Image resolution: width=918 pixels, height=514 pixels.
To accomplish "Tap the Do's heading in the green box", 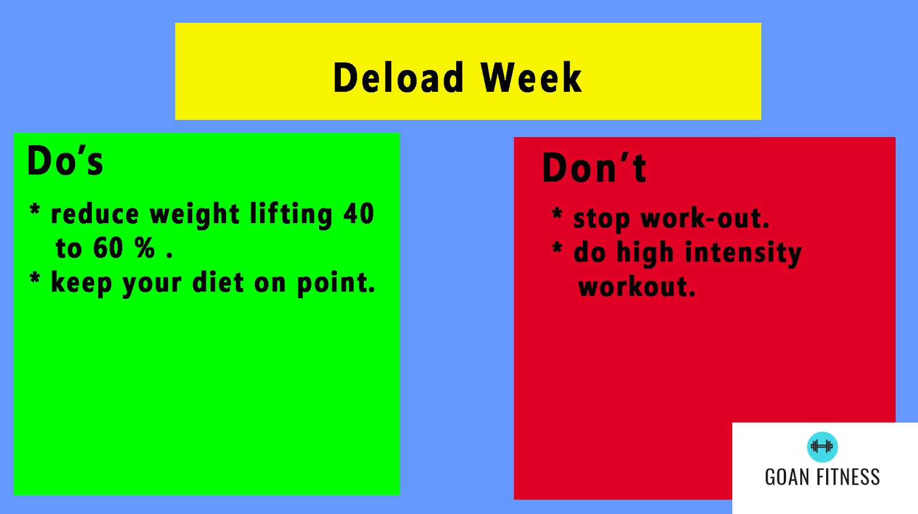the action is click(x=65, y=160).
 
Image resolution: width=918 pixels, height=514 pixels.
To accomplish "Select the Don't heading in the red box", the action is click(x=594, y=168).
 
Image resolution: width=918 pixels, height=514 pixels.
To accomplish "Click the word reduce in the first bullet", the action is click(x=95, y=214).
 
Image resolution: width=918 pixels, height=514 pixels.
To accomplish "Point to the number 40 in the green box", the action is click(x=359, y=213).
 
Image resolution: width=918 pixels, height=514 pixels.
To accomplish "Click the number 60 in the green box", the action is click(x=108, y=248).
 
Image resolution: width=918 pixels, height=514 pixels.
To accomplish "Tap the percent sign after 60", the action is click(x=145, y=248).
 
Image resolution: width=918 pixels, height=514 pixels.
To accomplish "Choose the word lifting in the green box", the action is click(x=291, y=215).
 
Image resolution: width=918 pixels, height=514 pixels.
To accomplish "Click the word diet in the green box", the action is click(x=219, y=282).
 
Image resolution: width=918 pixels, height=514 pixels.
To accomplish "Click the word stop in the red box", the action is click(x=601, y=220).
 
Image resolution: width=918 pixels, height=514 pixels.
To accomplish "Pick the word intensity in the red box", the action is click(x=744, y=254).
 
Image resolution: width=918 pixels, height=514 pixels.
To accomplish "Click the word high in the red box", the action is click(x=645, y=253).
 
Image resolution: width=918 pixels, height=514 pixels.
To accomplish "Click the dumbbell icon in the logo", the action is click(x=822, y=446).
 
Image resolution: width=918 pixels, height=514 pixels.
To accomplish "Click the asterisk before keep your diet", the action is click(x=35, y=277).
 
